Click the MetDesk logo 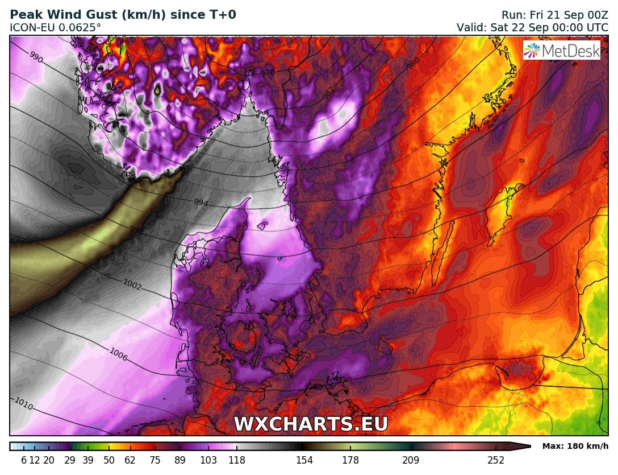coord(562,51)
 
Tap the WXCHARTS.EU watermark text coord(311,424)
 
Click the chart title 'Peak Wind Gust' coord(123,15)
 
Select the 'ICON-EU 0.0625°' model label coord(55,27)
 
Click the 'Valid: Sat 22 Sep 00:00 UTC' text coord(532,27)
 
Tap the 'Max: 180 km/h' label coord(575,446)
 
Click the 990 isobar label coord(36,58)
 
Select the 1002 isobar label coord(132,285)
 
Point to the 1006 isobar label coord(118,354)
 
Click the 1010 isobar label coord(23,404)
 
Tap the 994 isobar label coord(201,202)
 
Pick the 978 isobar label coord(268,73)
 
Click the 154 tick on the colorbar coord(304,460)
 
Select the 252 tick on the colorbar coord(496,460)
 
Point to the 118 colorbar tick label coord(237,460)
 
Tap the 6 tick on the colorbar coord(24,460)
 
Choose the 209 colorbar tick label coord(410,460)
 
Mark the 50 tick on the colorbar coord(109,460)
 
